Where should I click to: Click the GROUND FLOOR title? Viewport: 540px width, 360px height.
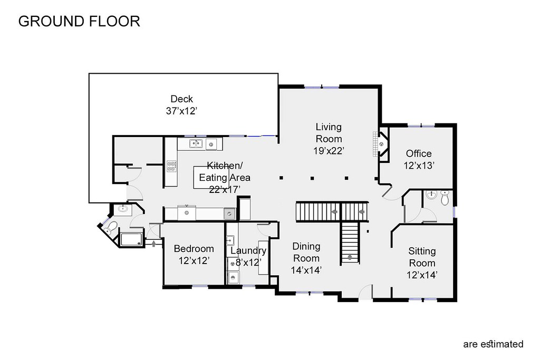pos(79,21)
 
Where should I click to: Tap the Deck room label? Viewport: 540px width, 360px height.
pos(181,99)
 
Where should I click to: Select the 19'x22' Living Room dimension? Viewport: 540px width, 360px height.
pos(329,151)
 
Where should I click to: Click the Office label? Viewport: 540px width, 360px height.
pos(418,153)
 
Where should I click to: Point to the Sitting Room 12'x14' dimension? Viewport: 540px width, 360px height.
pos(422,275)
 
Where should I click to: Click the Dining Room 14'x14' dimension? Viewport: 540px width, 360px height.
pos(306,270)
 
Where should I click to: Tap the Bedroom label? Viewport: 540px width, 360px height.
pos(194,248)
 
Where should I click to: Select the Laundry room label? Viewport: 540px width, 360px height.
pos(248,251)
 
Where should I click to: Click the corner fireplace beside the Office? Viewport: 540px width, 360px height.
pos(381,144)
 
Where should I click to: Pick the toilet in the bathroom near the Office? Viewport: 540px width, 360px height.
pos(445,198)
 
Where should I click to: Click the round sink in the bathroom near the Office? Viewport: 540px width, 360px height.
pos(431,195)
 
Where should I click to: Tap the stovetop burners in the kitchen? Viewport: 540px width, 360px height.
pos(171,167)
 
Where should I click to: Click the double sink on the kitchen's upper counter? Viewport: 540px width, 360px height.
pos(196,143)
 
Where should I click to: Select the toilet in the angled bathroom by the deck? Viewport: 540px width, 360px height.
pos(111,228)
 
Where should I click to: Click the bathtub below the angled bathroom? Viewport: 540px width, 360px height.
pos(131,239)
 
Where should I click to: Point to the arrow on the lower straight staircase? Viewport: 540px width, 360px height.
pos(350,256)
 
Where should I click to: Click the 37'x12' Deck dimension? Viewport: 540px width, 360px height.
pos(181,111)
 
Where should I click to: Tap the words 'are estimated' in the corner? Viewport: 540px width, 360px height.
pos(493,344)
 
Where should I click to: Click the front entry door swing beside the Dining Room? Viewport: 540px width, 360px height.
pos(366,292)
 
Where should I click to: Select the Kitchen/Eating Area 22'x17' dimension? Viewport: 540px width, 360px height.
pos(225,189)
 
